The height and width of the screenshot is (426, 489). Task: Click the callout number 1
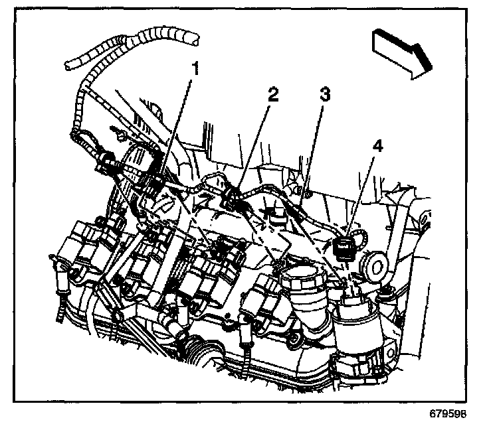coord(195,67)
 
